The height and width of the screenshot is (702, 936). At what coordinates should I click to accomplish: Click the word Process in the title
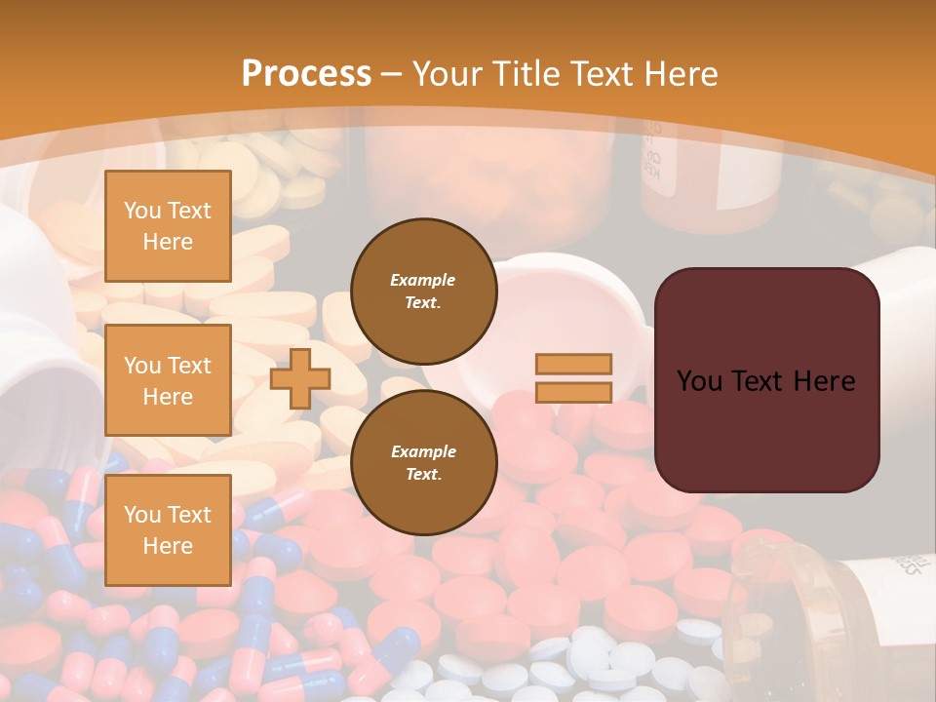click(x=306, y=74)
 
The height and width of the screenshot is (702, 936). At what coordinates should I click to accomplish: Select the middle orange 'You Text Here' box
click(x=168, y=380)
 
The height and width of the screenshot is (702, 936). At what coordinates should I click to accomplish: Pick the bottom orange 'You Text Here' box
click(x=168, y=530)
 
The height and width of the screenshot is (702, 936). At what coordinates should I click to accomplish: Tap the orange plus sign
click(x=300, y=378)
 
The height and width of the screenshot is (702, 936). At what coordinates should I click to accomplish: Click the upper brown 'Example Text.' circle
click(x=423, y=291)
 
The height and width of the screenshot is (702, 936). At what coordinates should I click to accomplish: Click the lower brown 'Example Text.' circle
click(x=423, y=463)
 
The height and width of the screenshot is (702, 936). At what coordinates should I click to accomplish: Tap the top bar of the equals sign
click(x=574, y=364)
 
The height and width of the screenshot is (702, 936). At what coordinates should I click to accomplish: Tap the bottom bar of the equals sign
click(x=574, y=393)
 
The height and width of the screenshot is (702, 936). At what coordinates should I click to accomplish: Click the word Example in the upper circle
click(x=423, y=280)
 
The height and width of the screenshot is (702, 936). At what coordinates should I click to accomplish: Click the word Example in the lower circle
click(x=423, y=451)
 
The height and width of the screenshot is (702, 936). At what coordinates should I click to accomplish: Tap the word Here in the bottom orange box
click(x=168, y=546)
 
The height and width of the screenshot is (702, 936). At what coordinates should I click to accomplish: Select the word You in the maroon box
click(x=699, y=381)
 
